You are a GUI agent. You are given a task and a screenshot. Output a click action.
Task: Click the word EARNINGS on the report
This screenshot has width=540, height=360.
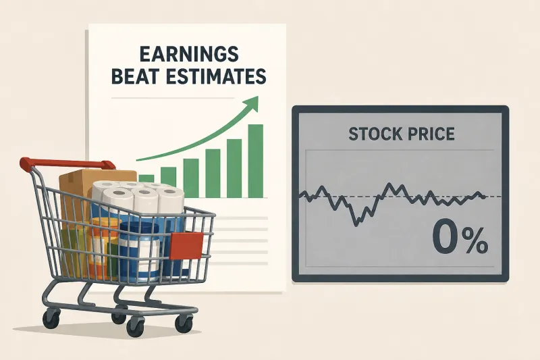click(189, 55)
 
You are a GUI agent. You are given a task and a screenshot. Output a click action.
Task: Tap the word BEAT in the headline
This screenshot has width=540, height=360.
click(136, 76)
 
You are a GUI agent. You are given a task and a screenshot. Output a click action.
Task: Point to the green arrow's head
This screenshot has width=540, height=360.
click(251, 103)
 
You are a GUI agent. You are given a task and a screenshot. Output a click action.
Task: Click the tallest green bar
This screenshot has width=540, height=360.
click(255, 161)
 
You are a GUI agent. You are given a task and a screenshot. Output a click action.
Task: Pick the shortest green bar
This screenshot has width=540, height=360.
click(146, 178)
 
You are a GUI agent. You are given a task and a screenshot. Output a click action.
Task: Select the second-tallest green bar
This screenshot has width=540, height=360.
click(234, 168)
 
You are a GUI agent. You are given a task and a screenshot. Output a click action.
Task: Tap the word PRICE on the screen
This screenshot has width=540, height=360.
click(429, 134)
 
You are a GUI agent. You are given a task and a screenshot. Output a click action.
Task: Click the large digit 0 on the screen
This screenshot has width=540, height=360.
click(445, 237)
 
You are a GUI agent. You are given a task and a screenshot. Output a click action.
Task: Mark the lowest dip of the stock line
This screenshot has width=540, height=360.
click(356, 225)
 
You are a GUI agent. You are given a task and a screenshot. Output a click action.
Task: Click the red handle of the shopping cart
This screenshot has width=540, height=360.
click(65, 164)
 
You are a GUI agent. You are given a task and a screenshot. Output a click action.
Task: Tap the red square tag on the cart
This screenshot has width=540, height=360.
click(186, 246)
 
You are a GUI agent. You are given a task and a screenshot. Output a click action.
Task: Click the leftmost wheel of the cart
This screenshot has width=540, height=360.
click(51, 319)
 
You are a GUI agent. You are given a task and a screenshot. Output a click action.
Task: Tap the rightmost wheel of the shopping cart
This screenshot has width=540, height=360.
click(184, 323)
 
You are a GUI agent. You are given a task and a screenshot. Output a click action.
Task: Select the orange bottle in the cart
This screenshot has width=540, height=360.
click(100, 247)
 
